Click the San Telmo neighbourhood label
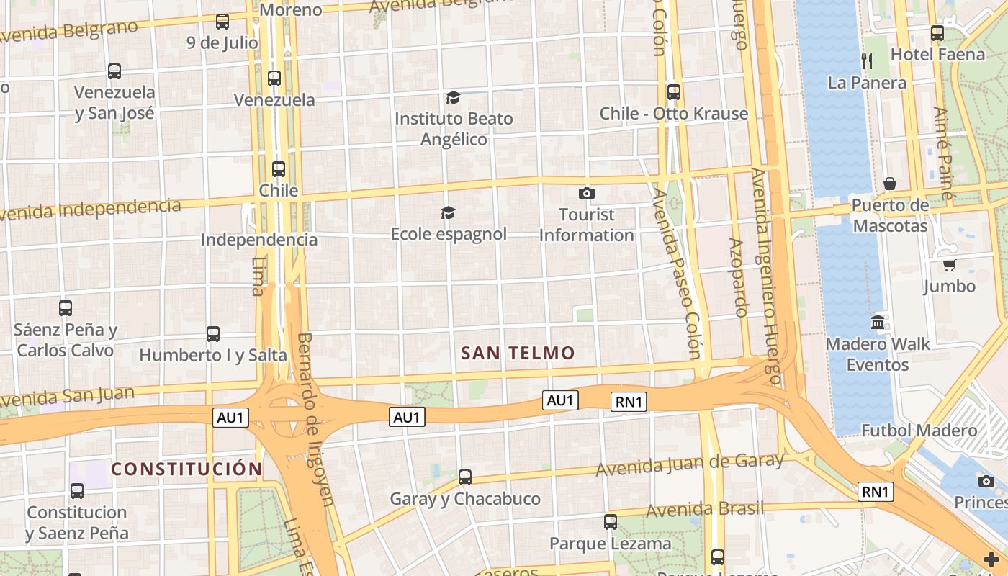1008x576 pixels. click(x=518, y=353)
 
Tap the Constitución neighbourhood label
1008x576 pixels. click(x=186, y=469)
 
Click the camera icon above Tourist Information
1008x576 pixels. click(x=587, y=193)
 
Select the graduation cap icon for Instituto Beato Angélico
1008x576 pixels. click(x=453, y=98)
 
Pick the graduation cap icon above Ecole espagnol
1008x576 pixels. click(x=449, y=212)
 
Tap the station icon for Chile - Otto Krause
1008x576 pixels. click(x=674, y=92)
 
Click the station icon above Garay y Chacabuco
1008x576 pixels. click(x=465, y=477)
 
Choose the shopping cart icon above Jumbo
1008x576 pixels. click(x=950, y=265)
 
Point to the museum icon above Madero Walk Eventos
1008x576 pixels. click(x=878, y=323)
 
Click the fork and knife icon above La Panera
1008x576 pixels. click(x=867, y=60)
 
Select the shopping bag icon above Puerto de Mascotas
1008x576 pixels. click(x=890, y=184)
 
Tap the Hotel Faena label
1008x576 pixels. click(x=937, y=55)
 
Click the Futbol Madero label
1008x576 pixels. click(x=919, y=431)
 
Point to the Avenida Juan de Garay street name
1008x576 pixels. click(x=689, y=464)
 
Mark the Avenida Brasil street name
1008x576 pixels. click(x=705, y=509)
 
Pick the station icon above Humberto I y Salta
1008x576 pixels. click(x=213, y=334)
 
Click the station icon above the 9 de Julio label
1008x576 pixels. click(x=222, y=22)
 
